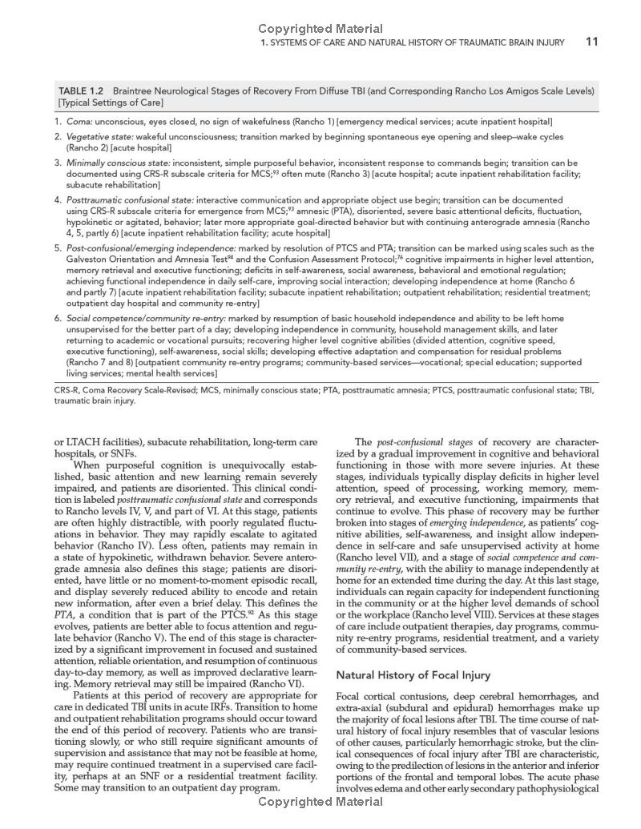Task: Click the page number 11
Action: (x=591, y=42)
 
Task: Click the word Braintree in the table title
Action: (x=139, y=91)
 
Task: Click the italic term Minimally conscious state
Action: (x=118, y=163)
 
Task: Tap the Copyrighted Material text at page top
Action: (x=320, y=29)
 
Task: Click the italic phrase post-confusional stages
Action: (x=415, y=442)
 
